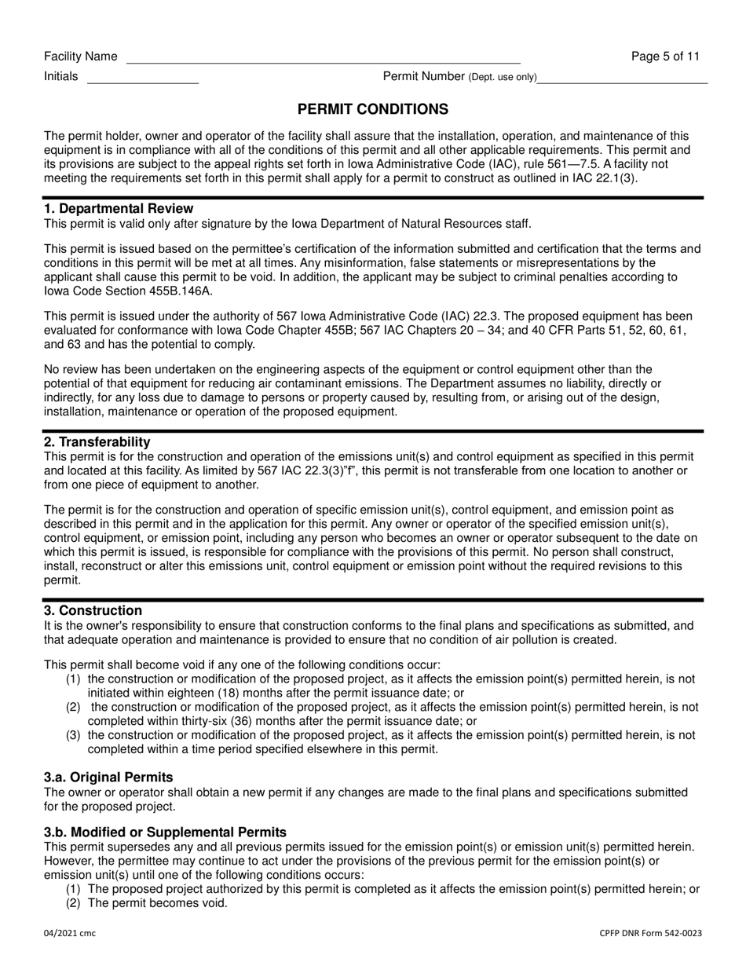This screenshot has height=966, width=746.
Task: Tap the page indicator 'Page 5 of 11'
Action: click(665, 57)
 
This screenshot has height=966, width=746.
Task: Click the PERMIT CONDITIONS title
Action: click(373, 109)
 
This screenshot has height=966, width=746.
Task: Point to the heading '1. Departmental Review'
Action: click(119, 209)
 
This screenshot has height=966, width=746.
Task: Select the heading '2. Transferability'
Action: click(97, 442)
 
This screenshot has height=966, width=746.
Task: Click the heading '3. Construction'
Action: click(93, 611)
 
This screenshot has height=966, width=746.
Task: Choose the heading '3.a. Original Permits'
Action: click(108, 778)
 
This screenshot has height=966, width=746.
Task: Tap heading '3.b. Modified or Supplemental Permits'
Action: click(165, 832)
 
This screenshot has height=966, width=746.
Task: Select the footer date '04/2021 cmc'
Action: click(70, 933)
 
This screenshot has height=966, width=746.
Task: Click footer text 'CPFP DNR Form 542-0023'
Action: click(651, 933)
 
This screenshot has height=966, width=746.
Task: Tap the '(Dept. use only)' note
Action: click(503, 77)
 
